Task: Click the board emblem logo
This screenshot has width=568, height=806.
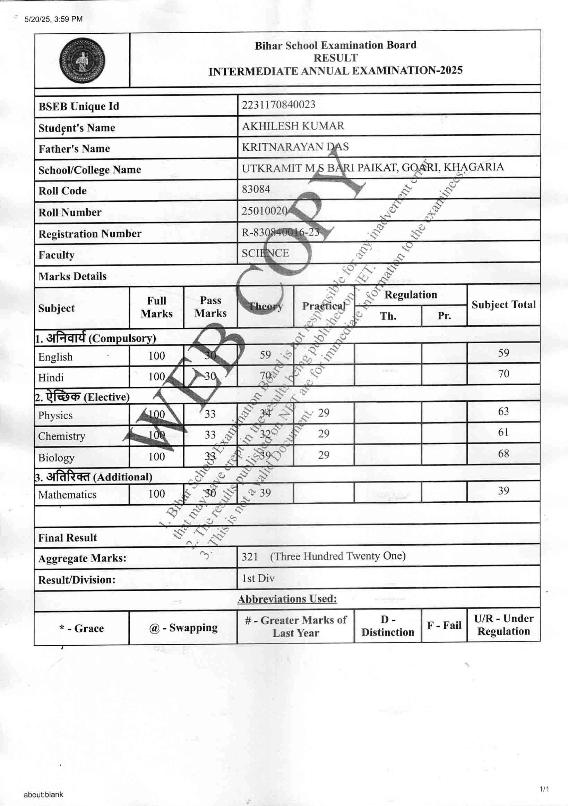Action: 82,60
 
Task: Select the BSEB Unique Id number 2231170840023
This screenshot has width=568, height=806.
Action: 278,104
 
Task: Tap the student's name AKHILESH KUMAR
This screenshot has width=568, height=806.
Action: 293,126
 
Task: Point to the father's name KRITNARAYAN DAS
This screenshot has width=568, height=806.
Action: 295,147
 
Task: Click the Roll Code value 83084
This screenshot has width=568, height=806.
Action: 256,189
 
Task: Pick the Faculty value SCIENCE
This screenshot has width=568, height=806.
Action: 265,253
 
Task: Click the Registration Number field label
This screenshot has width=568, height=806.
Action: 90,234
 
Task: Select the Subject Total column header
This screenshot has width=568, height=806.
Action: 503,305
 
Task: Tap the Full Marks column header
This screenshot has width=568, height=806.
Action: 156,307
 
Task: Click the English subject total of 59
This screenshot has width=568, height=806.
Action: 504,353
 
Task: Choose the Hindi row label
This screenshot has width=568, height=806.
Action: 51,378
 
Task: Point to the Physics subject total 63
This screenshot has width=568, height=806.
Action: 503,411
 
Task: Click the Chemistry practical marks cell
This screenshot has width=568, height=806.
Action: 323,434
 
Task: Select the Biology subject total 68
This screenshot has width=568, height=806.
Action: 503,454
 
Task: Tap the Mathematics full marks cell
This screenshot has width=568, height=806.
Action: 156,494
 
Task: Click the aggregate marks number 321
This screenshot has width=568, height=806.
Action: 249,556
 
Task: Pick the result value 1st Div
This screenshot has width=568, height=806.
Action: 258,578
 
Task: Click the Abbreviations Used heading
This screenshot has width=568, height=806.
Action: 287,599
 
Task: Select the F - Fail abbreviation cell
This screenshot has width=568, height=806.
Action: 444,625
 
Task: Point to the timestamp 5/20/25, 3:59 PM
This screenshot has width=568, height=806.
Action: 53,19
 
